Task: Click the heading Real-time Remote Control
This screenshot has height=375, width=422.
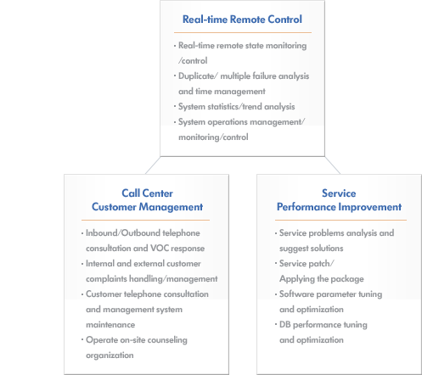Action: click(242, 20)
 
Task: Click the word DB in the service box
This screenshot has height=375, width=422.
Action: click(285, 324)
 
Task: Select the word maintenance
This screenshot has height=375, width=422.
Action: click(110, 325)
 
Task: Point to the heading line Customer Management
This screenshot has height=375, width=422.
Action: click(147, 207)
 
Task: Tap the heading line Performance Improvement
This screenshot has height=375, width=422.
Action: click(339, 207)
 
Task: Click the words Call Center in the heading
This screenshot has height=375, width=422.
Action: click(147, 193)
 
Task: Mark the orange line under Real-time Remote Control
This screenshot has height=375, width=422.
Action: click(243, 32)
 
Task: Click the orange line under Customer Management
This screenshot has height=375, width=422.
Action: click(145, 220)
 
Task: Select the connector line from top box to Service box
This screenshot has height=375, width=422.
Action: click(333, 165)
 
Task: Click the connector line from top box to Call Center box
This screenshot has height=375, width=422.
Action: click(153, 165)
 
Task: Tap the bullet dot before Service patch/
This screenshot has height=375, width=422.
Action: click(276, 263)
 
